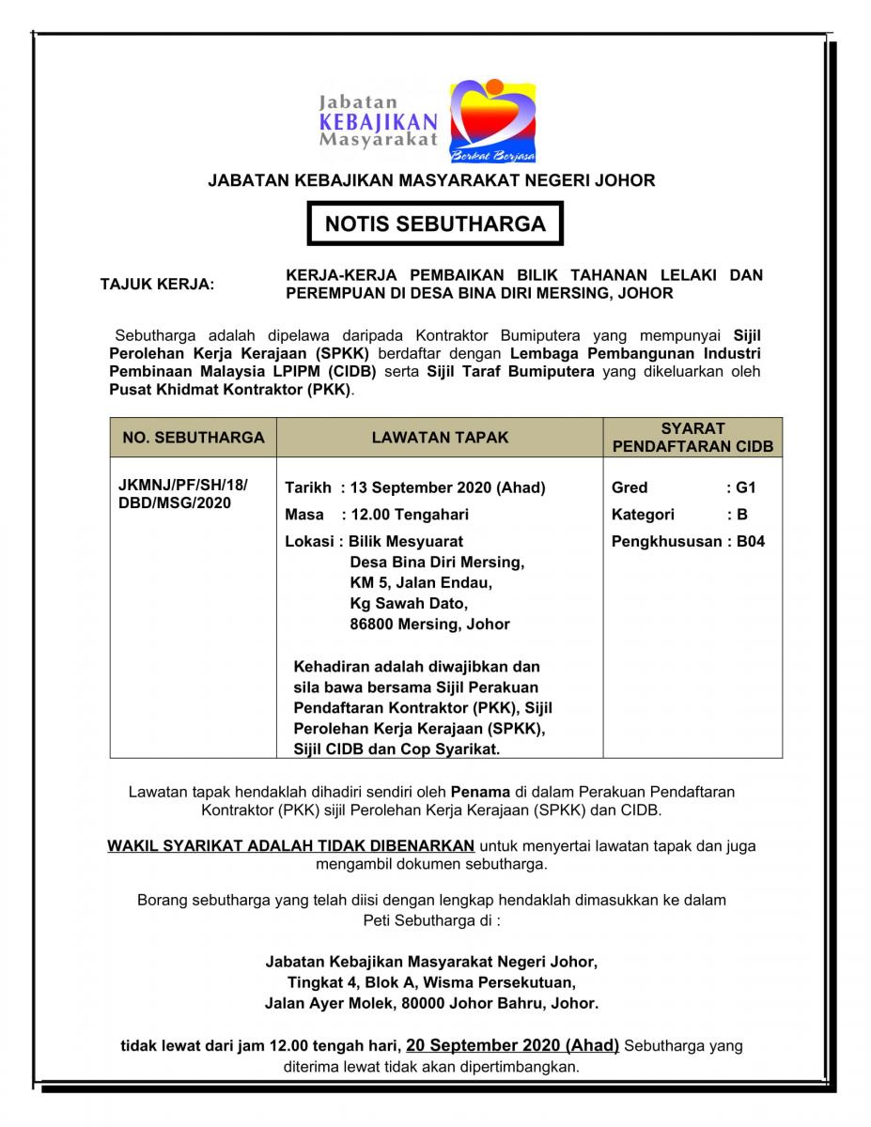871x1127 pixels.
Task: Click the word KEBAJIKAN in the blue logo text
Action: click(x=378, y=121)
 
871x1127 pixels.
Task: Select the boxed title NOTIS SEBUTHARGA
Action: click(x=435, y=224)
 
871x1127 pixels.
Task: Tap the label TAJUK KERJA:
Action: click(x=157, y=284)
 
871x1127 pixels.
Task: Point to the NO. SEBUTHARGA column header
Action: click(x=194, y=437)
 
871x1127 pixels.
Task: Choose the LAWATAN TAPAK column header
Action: click(x=440, y=437)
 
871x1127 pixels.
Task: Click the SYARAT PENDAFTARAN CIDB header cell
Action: click(x=692, y=438)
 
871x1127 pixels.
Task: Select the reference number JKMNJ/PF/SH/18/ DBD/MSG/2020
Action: click(x=183, y=495)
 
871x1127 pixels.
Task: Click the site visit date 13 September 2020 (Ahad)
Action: click(x=445, y=487)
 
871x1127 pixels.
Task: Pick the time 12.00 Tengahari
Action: click(x=406, y=514)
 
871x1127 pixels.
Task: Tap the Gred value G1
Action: click(x=746, y=487)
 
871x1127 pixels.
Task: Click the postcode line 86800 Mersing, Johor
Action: click(x=429, y=624)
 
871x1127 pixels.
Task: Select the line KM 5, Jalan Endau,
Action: click(x=420, y=582)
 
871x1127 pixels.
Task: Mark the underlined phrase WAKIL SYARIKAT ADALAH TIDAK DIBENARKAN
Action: click(x=290, y=845)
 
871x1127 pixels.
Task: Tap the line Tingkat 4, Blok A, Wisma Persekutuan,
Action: click(x=431, y=982)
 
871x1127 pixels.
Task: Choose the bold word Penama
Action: click(x=480, y=792)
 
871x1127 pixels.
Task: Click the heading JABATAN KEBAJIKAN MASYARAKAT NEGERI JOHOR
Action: click(x=431, y=180)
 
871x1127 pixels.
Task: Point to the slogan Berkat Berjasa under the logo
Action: click(x=492, y=154)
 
